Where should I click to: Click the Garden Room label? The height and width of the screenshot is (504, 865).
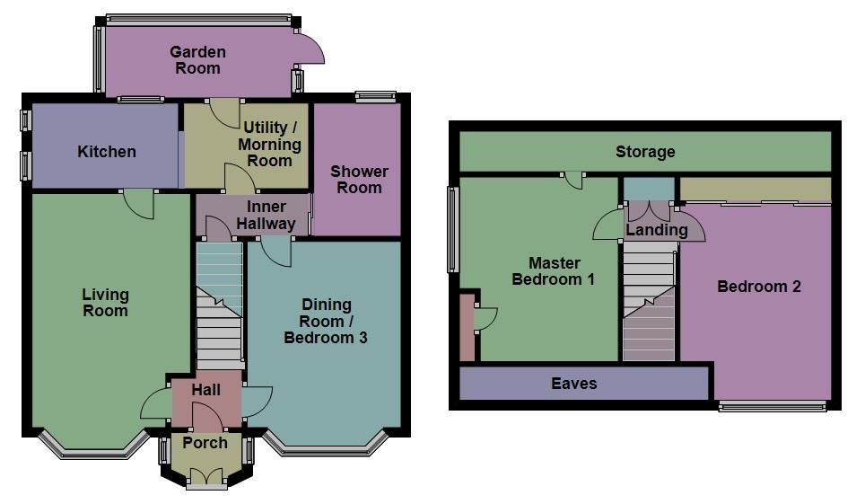(x=197, y=59)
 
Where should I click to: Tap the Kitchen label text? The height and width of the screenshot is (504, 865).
(x=107, y=152)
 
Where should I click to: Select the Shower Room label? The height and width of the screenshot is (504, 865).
(x=359, y=180)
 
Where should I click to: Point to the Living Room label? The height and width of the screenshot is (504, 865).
(x=105, y=303)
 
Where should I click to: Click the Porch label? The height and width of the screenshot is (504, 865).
(x=205, y=443)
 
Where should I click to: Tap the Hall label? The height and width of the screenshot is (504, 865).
(x=205, y=390)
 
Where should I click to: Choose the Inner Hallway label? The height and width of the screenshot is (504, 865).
(x=266, y=215)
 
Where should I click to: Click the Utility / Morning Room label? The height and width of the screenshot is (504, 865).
(x=270, y=145)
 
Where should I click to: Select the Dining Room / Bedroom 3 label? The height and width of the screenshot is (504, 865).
(x=326, y=321)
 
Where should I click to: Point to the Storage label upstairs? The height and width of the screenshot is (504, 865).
(x=645, y=152)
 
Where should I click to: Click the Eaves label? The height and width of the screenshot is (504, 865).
(x=573, y=384)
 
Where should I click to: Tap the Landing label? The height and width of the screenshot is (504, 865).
(x=657, y=230)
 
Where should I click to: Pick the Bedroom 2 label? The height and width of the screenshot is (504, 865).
(x=758, y=287)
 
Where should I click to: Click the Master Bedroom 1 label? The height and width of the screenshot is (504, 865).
(x=554, y=270)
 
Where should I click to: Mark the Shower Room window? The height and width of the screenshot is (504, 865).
(x=375, y=96)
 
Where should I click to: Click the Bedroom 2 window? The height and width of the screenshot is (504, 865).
(x=772, y=406)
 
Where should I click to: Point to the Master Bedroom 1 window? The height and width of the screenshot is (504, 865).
(x=452, y=229)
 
